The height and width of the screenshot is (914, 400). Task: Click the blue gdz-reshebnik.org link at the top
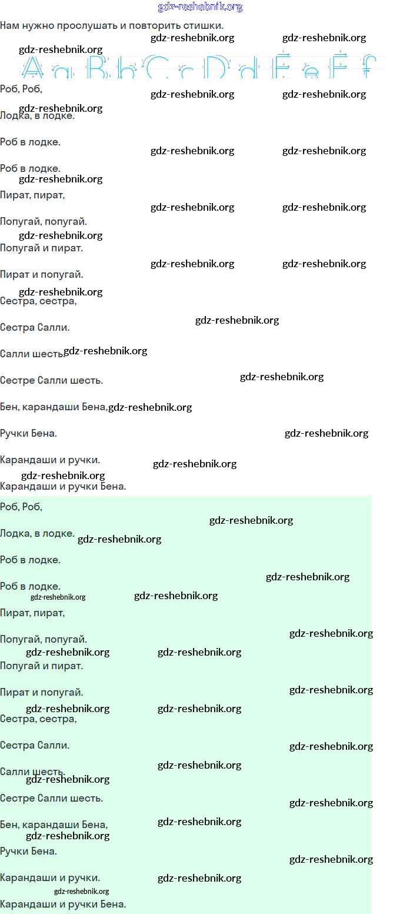pos(200,7)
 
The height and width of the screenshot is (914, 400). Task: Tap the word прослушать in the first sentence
pos(82,26)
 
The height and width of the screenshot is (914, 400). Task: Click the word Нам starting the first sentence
pos(9,26)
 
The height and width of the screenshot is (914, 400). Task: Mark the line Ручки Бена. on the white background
pos(28,434)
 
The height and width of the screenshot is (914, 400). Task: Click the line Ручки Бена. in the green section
pos(28,851)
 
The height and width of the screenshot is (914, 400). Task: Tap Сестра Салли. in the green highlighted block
pos(35,745)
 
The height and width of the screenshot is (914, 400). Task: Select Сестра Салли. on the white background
pos(35,328)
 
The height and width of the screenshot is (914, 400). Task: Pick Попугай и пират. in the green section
pos(41,666)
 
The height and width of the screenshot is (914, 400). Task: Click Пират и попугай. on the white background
pos(41,275)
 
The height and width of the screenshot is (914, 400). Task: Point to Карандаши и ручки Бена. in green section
pos(63,904)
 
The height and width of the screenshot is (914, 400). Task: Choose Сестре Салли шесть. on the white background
pos(51,381)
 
